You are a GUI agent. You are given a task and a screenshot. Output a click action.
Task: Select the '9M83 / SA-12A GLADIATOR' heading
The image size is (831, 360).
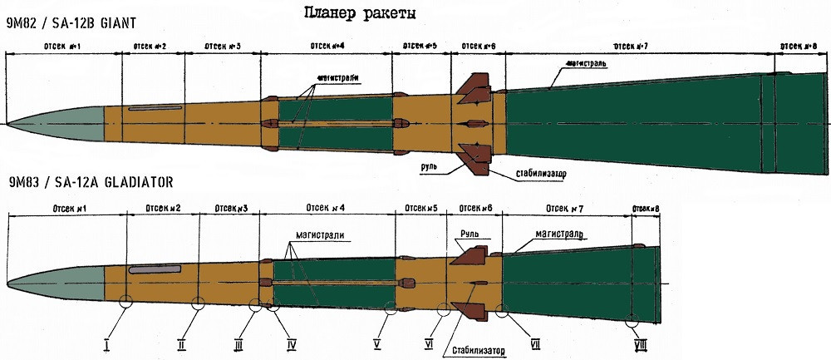coord(88,182)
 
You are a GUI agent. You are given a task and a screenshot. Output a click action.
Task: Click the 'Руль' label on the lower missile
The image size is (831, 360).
coord(466,235)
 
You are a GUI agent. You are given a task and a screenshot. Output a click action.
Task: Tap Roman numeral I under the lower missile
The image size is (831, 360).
coord(107,343)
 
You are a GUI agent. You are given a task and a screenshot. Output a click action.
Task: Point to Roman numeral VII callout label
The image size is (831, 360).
coord(536,343)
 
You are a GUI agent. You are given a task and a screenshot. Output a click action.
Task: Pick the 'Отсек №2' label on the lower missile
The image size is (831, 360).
coord(163,207)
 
